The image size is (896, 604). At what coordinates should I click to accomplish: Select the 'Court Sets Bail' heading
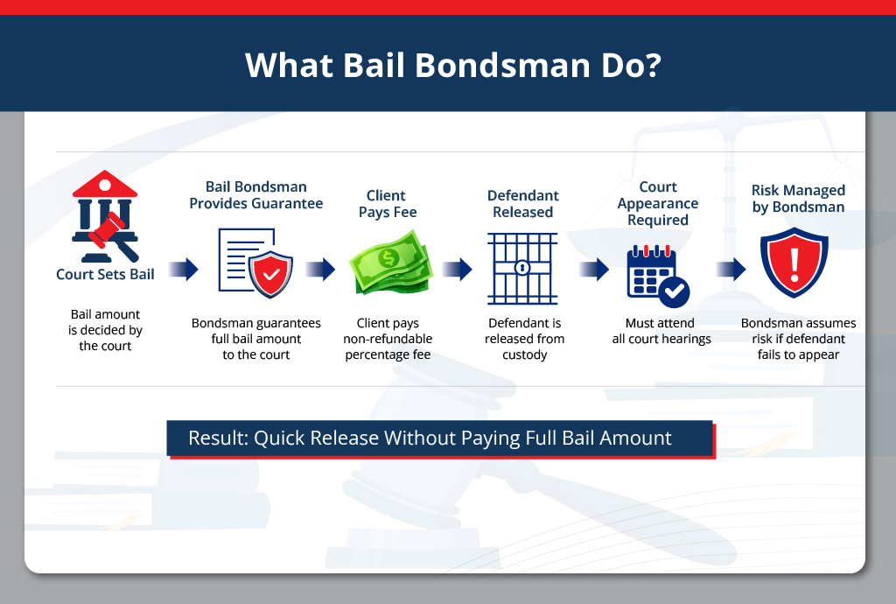(x=105, y=274)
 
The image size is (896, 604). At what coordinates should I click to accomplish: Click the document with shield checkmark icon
(x=255, y=263)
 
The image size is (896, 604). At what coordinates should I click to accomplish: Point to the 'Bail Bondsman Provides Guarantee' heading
(x=256, y=195)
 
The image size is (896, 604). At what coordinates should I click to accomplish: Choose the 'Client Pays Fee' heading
(x=388, y=204)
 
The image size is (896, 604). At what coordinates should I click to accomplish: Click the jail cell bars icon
(x=522, y=268)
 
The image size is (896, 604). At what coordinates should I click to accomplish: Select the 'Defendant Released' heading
(x=522, y=204)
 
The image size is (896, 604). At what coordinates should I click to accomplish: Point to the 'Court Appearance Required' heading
(x=658, y=203)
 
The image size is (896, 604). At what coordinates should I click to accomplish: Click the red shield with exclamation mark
(x=794, y=263)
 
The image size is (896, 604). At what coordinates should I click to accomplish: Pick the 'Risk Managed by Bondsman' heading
(x=798, y=199)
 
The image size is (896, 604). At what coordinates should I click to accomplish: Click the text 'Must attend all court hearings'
(x=661, y=331)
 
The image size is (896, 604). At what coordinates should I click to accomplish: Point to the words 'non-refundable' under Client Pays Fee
(x=388, y=339)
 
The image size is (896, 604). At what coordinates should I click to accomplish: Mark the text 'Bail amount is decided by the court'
(x=105, y=330)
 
